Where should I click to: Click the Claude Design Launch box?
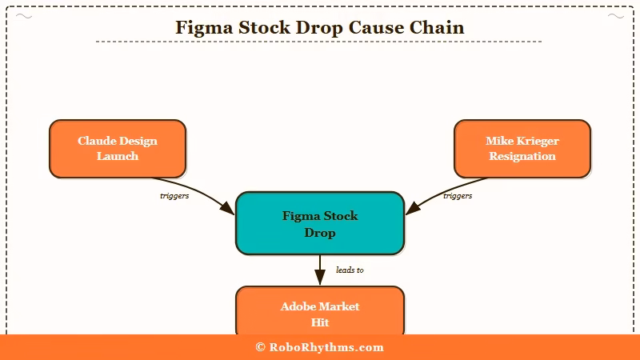[118, 149]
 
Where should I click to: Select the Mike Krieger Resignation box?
[522, 149]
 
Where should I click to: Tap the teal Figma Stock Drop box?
[320, 224]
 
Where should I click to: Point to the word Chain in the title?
[437, 27]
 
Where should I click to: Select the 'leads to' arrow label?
[350, 270]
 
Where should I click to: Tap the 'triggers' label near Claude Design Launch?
[174, 196]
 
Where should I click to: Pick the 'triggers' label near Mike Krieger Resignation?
[457, 196]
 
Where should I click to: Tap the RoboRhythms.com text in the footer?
[326, 347]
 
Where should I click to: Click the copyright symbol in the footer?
[261, 347]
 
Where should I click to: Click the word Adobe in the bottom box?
[298, 306]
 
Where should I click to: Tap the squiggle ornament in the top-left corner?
[25, 16]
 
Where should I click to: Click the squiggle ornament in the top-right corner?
[615, 16]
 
